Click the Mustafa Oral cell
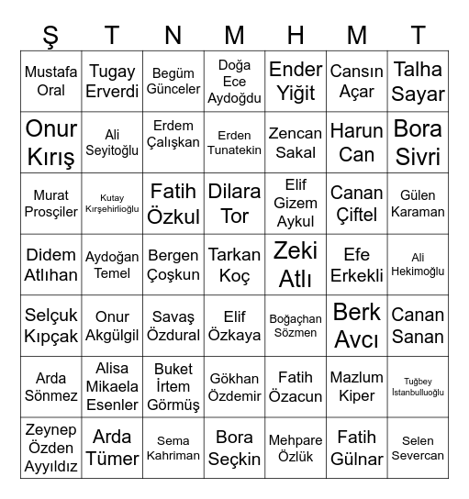[x=51, y=81]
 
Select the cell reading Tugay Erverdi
[x=112, y=81]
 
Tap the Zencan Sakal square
[x=296, y=142]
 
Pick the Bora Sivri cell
[x=418, y=142]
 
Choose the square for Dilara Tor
[x=235, y=204]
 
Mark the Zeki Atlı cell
[x=296, y=264]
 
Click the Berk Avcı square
[x=357, y=326]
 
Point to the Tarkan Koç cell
[x=235, y=264]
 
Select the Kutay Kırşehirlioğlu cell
[x=112, y=204]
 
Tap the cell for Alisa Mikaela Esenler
[x=112, y=387]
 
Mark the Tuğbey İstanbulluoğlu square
[x=418, y=387]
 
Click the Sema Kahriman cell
[x=173, y=448]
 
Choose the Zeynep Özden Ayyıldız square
[x=51, y=448]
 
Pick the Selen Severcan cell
[x=418, y=448]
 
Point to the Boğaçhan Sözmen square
[x=296, y=326]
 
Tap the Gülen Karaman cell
[x=418, y=204]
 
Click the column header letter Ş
[x=51, y=35]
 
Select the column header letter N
[x=173, y=35]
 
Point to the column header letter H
[x=296, y=35]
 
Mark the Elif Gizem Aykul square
[x=296, y=204]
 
